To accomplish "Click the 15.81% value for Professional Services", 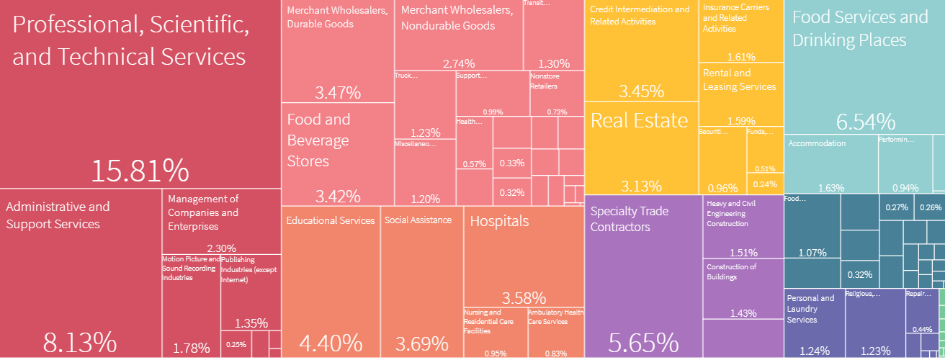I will click(x=140, y=171).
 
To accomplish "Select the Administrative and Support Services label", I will click(x=58, y=215).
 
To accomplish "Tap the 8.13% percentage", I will click(x=79, y=342).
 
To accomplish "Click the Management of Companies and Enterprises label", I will click(x=203, y=212).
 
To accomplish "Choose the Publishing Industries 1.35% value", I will click(x=251, y=323).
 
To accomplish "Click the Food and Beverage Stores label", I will click(x=318, y=140).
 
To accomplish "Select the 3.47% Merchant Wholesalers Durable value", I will click(x=337, y=93).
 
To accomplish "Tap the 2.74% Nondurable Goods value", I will click(x=459, y=63).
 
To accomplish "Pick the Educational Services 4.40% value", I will click(x=330, y=342).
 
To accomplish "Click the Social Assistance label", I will click(x=418, y=220).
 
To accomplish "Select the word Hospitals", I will click(x=499, y=222).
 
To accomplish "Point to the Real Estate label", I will click(x=639, y=121).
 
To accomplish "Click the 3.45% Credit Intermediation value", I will click(x=641, y=91).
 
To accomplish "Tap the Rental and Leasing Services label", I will click(x=739, y=80).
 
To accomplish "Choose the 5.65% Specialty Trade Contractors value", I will click(x=643, y=342).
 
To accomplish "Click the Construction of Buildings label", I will click(x=731, y=271).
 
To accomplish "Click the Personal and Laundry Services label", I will click(x=810, y=308).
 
